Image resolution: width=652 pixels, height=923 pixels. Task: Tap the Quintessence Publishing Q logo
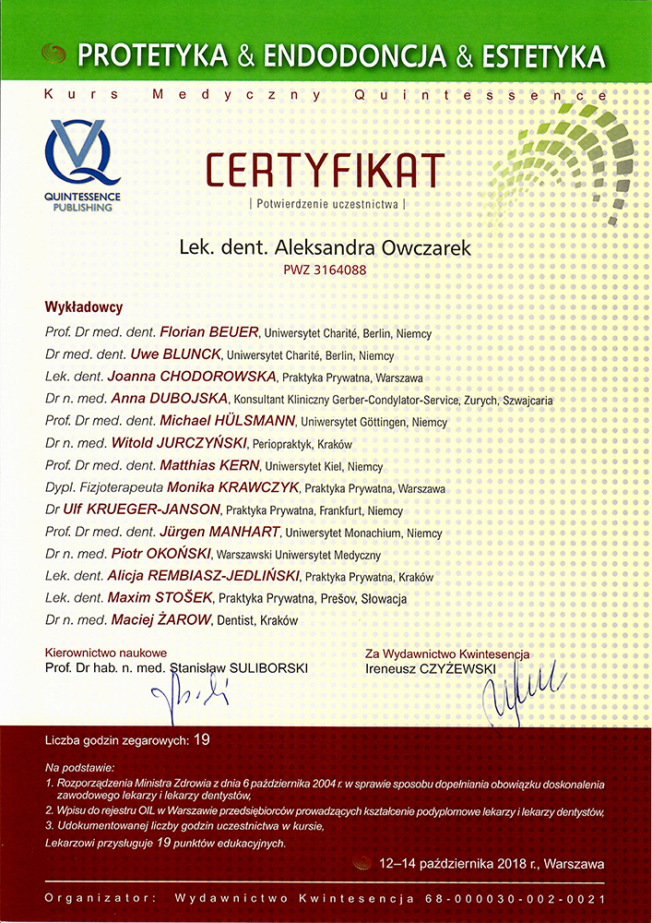coord(82,153)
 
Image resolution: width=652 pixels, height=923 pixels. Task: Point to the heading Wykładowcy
coord(84,307)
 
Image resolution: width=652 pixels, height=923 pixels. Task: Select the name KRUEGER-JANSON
coord(165,510)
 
